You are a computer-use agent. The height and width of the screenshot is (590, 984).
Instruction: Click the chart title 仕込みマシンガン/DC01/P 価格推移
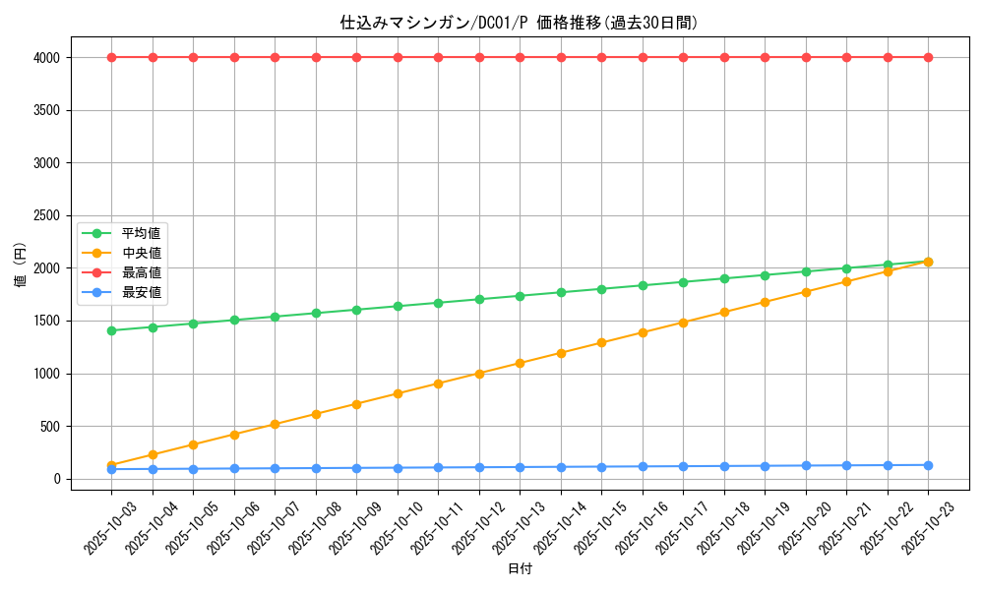tap(519, 23)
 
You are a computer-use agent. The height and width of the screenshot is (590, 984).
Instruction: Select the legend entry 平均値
tap(141, 233)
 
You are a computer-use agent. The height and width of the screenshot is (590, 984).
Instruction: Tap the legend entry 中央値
tap(141, 253)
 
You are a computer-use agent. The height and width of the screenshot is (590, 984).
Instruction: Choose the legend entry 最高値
tap(141, 272)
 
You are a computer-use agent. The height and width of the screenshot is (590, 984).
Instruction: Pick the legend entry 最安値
tap(141, 292)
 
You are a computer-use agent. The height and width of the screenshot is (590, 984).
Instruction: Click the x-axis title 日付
tap(520, 569)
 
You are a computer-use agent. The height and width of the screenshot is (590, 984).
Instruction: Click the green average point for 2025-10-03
tap(111, 330)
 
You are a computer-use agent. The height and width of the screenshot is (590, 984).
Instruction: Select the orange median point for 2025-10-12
tap(479, 374)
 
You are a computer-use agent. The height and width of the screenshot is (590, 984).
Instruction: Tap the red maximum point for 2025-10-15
tap(601, 57)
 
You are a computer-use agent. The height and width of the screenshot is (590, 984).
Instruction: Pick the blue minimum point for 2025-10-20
tap(806, 466)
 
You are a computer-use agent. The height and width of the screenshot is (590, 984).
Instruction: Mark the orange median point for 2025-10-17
tap(683, 323)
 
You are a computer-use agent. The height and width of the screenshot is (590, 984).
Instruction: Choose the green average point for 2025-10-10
tap(398, 307)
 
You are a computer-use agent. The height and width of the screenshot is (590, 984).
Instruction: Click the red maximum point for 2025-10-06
tap(234, 57)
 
